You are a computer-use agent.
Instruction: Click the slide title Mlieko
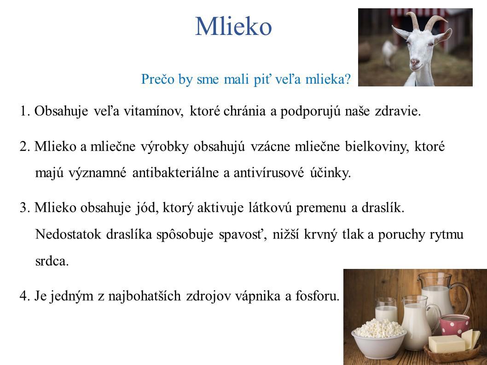pyautogui.click(x=233, y=26)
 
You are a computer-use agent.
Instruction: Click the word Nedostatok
pyautogui.click(x=68, y=234)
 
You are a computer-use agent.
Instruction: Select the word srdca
pyautogui.click(x=52, y=261)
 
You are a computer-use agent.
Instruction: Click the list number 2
pyautogui.click(x=24, y=146)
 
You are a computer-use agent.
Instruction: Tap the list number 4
pyautogui.click(x=24, y=296)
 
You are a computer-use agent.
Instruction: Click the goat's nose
pyautogui.click(x=415, y=62)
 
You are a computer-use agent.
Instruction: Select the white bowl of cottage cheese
pyautogui.click(x=379, y=339)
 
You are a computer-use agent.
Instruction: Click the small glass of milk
pyautogui.click(x=386, y=310)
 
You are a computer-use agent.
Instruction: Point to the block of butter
pyautogui.click(x=447, y=343)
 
